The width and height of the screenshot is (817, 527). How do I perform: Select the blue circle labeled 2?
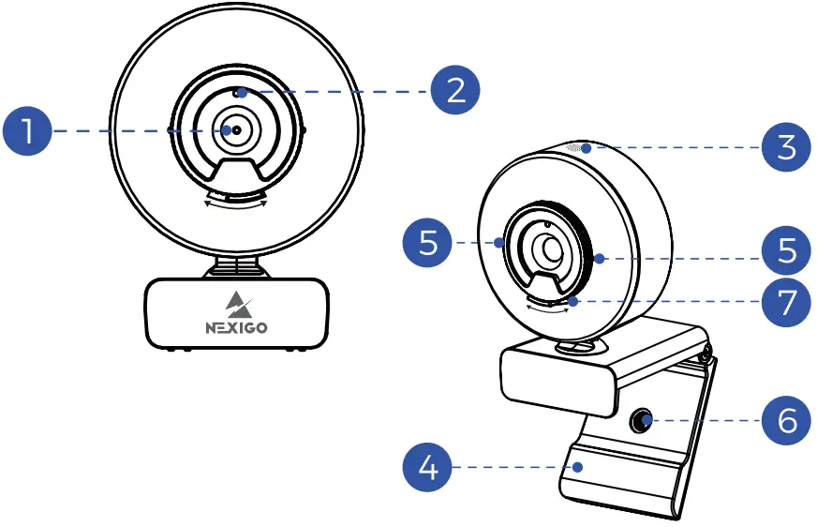tap(454, 91)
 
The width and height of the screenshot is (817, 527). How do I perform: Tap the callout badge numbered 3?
tap(785, 148)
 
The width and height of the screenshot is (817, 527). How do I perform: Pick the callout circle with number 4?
tap(427, 465)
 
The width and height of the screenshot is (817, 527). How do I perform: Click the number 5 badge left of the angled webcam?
tap(427, 243)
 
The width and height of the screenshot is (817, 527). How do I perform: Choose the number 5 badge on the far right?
tap(785, 249)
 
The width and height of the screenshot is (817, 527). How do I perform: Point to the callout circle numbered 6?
tap(785, 420)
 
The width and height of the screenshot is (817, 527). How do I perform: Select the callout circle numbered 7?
tap(785, 301)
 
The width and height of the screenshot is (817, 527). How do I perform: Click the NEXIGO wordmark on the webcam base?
tap(235, 328)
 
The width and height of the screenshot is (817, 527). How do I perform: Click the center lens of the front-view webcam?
tap(235, 131)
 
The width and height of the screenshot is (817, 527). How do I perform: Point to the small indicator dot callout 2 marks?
tap(241, 93)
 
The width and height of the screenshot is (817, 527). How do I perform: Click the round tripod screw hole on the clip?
tap(642, 420)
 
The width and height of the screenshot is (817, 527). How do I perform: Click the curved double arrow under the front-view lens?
tap(235, 202)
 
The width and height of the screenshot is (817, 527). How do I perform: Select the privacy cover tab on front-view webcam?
tap(235, 174)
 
